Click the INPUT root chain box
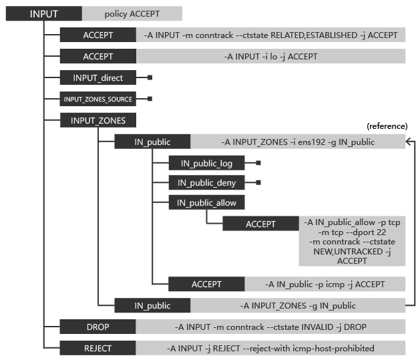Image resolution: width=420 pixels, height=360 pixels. (x=44, y=13)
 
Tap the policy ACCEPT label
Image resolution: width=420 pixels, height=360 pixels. (x=132, y=13)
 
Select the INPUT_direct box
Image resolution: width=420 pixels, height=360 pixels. (x=97, y=77)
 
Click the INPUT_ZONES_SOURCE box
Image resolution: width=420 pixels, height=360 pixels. (x=97, y=99)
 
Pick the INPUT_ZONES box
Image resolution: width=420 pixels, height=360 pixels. (x=97, y=120)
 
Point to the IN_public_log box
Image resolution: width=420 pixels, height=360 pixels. (x=206, y=163)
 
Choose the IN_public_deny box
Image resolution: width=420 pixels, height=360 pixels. (x=206, y=183)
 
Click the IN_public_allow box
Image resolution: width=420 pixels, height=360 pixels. (x=206, y=202)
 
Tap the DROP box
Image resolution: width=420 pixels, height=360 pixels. (x=97, y=327)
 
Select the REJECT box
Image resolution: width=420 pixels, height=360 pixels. (x=97, y=348)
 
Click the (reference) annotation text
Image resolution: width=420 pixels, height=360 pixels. (x=387, y=126)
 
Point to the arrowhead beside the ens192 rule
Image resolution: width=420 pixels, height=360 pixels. (x=408, y=142)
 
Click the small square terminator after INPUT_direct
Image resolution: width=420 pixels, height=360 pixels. (x=150, y=77)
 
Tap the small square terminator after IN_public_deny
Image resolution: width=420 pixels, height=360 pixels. (x=258, y=183)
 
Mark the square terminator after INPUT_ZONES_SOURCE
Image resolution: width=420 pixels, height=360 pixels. (x=150, y=99)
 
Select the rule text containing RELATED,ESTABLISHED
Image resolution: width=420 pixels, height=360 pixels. (x=271, y=35)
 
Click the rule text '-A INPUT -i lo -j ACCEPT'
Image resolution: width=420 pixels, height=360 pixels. (x=271, y=57)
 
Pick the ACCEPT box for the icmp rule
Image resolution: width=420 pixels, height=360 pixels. (x=206, y=284)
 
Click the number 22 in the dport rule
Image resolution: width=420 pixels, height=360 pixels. (x=381, y=232)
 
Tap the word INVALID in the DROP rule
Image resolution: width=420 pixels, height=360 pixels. (x=317, y=327)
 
